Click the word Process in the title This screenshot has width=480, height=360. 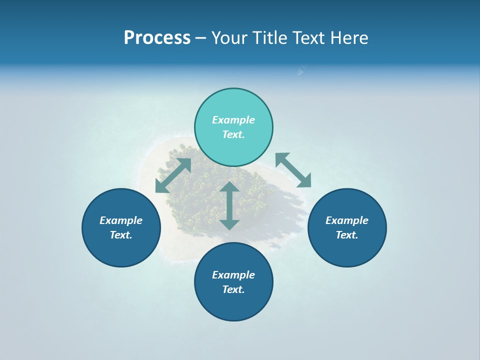[x=157, y=38]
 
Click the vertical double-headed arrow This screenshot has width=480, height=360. [x=229, y=205]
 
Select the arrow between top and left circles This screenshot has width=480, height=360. [x=173, y=175]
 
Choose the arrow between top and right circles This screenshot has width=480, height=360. [x=293, y=170]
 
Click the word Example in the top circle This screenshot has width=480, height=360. [x=233, y=120]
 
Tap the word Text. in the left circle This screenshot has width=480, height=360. [x=121, y=235]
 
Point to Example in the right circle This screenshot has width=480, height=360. [x=347, y=220]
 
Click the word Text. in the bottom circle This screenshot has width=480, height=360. [x=233, y=289]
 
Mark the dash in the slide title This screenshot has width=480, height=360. [x=201, y=38]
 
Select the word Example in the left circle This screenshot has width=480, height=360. [x=121, y=220]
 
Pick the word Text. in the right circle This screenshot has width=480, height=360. [x=347, y=235]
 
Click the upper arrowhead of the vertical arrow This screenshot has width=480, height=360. [x=229, y=187]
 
